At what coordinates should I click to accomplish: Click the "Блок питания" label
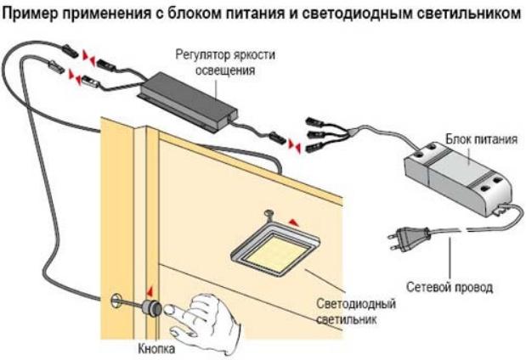[480, 138]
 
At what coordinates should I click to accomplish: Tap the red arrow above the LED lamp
[294, 221]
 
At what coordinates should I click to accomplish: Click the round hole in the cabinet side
[115, 301]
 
